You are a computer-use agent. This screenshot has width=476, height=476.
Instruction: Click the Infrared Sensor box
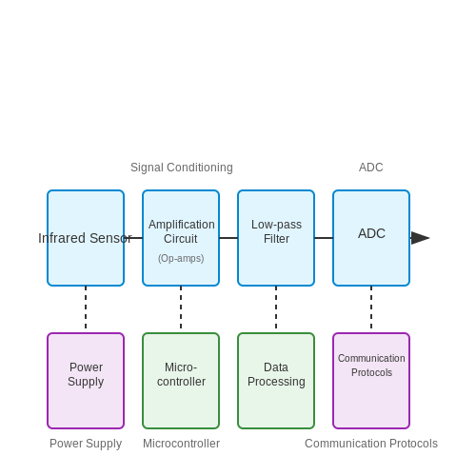click(86, 238)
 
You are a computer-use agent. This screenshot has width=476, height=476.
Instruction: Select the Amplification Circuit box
click(181, 238)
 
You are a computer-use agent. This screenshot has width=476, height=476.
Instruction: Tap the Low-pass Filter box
click(276, 238)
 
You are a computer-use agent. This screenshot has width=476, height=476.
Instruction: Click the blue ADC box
click(371, 238)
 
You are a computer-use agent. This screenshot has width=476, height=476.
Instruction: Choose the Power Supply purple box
click(86, 381)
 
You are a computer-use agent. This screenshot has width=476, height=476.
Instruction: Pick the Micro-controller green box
click(181, 381)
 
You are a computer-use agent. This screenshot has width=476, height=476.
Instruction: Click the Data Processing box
click(276, 381)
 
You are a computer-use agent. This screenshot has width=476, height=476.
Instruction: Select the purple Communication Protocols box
click(371, 381)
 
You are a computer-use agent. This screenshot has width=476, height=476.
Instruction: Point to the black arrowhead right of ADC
click(420, 238)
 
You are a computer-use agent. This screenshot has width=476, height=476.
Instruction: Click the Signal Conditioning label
click(182, 168)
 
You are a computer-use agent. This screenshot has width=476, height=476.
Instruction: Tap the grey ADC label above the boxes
click(371, 168)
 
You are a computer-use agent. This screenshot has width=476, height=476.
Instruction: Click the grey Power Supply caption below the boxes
click(86, 444)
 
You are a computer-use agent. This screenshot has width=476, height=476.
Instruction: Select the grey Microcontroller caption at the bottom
click(181, 444)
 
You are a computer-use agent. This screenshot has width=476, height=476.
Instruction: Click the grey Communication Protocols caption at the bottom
click(371, 444)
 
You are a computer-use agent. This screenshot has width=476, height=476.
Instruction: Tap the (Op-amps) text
click(181, 258)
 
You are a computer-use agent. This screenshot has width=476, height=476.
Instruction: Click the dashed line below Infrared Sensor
click(86, 307)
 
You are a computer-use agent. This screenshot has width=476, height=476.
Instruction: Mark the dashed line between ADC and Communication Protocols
click(371, 307)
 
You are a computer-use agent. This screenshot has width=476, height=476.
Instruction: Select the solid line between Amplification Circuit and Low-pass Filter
click(228, 238)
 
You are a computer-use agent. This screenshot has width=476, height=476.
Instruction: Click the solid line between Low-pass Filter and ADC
click(324, 238)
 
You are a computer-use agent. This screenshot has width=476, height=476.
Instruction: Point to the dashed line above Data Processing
click(276, 307)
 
